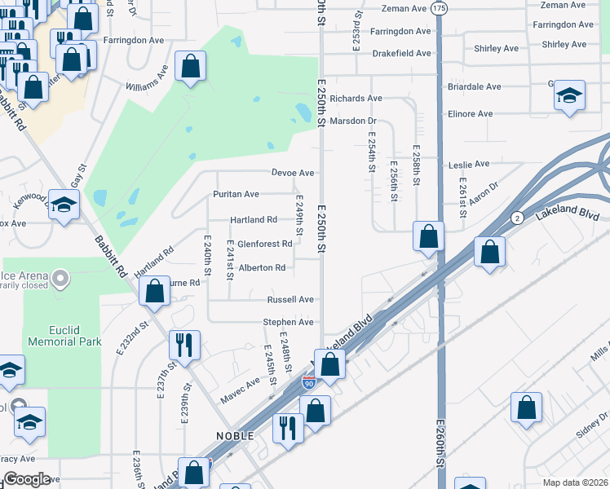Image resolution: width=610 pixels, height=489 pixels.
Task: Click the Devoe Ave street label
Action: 293,173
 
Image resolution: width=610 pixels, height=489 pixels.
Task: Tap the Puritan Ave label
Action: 236,194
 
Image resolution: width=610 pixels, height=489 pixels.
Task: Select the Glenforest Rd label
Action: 264,244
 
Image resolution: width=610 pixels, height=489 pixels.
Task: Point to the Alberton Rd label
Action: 262,267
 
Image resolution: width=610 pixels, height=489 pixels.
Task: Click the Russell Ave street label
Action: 290,300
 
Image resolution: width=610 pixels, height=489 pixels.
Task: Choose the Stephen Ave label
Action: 288,323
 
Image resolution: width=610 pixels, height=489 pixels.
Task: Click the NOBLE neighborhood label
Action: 236,436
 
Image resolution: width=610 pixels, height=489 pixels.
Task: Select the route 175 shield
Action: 440,7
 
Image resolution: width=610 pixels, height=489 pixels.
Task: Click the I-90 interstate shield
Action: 308,381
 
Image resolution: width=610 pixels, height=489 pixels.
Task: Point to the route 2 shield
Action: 517,218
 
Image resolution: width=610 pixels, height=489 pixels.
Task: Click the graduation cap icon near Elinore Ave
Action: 569,95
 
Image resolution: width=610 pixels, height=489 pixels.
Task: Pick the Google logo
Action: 27,479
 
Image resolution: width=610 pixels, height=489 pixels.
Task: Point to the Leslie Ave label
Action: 469,165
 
